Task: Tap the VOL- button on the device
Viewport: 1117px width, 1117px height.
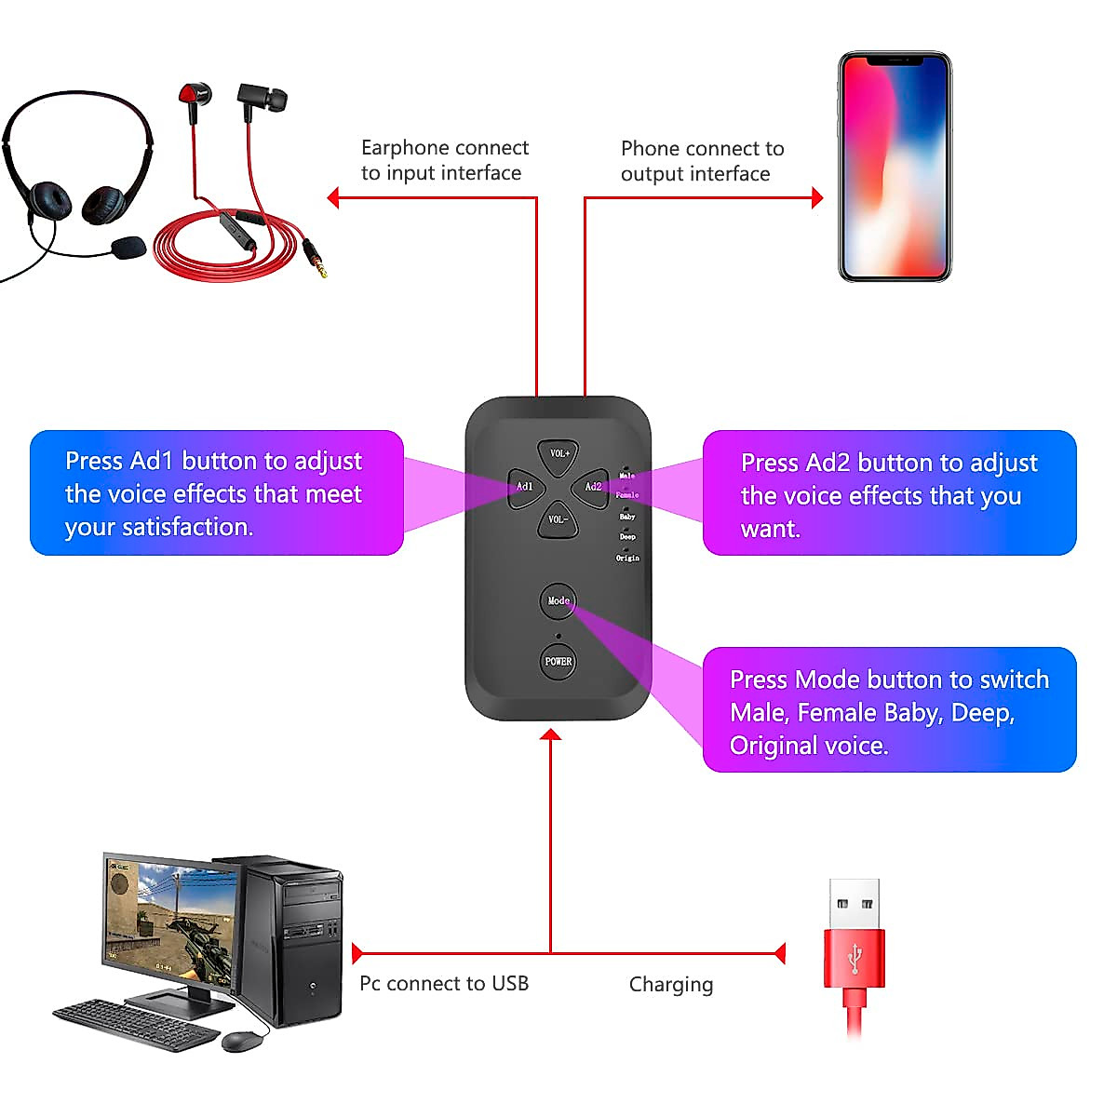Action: point(558,519)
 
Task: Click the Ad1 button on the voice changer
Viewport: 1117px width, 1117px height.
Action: point(525,486)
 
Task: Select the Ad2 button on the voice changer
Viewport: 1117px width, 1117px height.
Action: point(592,486)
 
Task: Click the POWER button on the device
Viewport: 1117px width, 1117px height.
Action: point(558,661)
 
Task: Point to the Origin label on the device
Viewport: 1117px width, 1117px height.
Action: point(627,558)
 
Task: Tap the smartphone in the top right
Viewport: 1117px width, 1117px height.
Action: point(895,167)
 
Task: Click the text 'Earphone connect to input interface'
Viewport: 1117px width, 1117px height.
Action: point(444,160)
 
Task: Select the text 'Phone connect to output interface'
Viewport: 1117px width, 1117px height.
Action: point(702,161)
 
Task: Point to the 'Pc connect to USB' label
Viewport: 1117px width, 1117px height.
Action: point(444,984)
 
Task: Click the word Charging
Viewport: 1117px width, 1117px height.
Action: point(671,985)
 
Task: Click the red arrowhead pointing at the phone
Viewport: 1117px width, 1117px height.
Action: point(817,197)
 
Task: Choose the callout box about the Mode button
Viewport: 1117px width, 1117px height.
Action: point(889,710)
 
